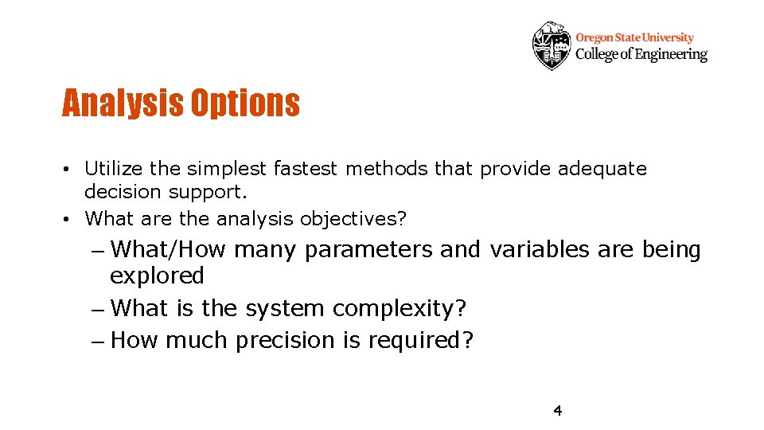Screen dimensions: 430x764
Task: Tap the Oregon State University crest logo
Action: (552, 45)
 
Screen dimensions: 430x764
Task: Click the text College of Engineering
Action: (641, 54)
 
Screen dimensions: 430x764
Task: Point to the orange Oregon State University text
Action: (634, 37)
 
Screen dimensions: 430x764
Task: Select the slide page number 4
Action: (557, 411)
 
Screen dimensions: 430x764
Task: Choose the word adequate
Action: (602, 169)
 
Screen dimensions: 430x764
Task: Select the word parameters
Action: (368, 250)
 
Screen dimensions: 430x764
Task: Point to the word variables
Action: (539, 249)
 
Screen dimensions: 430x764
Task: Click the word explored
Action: (157, 276)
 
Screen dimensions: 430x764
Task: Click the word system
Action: (283, 308)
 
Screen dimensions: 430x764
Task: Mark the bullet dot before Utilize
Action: (71, 170)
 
